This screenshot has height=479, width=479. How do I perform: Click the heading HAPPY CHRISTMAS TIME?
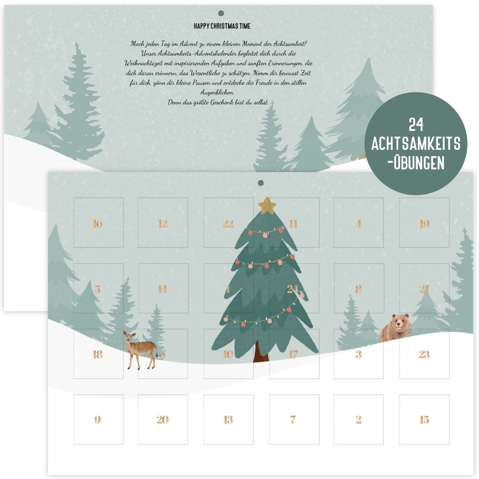pos(222,26)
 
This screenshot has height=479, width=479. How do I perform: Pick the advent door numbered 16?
pos(98,223)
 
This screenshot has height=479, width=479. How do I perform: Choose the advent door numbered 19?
pos(424,223)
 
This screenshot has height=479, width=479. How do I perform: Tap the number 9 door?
pos(98,420)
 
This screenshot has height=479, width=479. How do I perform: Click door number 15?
pos(424,420)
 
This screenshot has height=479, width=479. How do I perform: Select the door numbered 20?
pos(163,420)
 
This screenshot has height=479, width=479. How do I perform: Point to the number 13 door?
pos(228,420)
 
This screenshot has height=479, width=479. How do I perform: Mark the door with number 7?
pos(293,420)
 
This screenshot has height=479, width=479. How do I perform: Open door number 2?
pos(358,420)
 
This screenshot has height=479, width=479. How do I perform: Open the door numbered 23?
pos(424,354)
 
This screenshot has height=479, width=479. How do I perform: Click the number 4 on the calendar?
pos(358,224)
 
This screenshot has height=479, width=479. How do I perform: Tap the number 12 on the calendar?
pos(163,224)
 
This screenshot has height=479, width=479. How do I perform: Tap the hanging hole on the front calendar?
pos(260,183)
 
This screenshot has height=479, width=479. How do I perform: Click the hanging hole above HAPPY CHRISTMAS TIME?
pos(221,13)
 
